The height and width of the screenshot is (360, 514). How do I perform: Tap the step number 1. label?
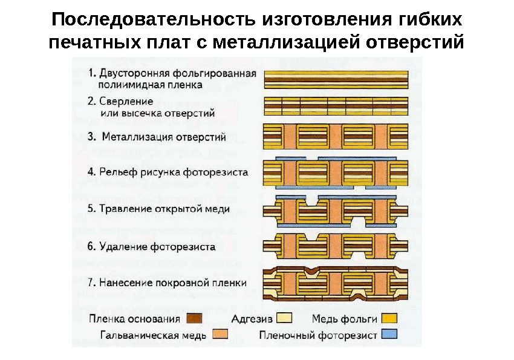[x=93, y=73]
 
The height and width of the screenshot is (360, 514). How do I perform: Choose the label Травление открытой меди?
[x=159, y=209]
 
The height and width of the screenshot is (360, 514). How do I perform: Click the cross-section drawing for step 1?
[x=337, y=79]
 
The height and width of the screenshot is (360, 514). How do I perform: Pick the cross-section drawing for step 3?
[x=337, y=137]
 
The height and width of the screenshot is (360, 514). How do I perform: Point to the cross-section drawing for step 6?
[x=337, y=245]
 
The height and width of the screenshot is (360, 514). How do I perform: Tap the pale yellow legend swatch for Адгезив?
[x=284, y=319]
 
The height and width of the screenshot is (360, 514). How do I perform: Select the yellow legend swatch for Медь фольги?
[x=389, y=319]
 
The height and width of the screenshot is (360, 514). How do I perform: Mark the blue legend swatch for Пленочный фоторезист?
[x=389, y=335]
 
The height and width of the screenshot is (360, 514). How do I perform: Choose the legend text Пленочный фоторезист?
[x=317, y=335]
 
